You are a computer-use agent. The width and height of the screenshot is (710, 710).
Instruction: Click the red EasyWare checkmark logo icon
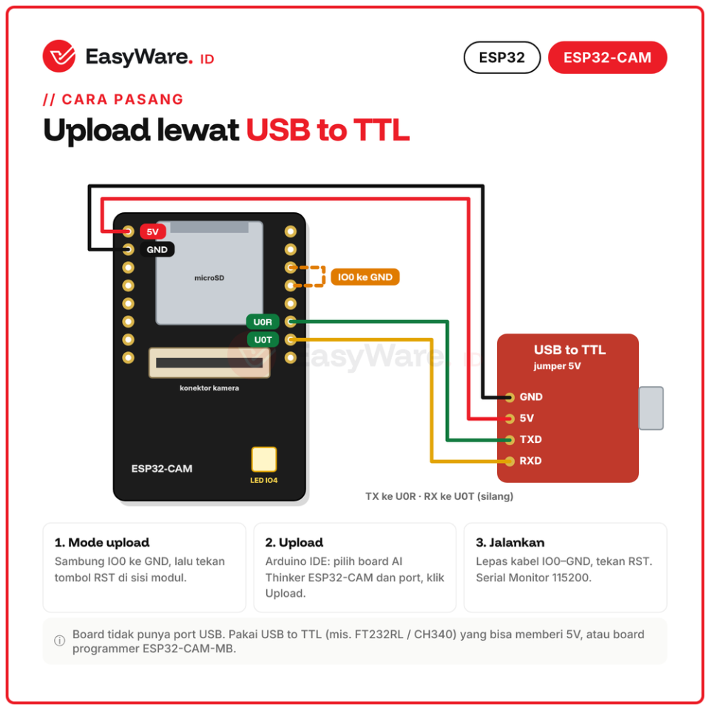click(x=59, y=56)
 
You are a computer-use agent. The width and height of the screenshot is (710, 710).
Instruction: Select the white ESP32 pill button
click(x=501, y=58)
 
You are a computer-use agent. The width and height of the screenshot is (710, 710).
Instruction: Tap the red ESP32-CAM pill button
click(x=607, y=58)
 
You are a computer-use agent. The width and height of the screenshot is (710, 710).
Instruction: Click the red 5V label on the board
click(x=152, y=231)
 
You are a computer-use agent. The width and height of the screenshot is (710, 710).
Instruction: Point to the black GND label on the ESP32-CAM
click(x=157, y=249)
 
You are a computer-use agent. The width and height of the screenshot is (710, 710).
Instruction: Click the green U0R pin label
click(x=263, y=322)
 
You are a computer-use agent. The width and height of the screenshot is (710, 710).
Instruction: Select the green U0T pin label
click(x=263, y=339)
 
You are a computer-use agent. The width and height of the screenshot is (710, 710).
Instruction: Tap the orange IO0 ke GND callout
click(x=365, y=277)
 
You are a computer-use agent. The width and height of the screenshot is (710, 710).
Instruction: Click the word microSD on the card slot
click(x=209, y=278)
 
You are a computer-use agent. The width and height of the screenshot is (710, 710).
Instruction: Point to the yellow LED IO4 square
click(x=264, y=459)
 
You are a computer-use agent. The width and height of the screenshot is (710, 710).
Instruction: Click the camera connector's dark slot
click(x=209, y=362)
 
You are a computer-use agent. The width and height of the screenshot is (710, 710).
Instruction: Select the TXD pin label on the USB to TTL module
click(x=531, y=439)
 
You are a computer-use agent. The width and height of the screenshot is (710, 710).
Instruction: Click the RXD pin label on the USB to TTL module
click(x=531, y=461)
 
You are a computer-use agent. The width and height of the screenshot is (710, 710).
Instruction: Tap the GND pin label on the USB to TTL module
click(x=531, y=396)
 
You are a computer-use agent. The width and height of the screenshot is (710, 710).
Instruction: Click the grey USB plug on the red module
click(x=651, y=408)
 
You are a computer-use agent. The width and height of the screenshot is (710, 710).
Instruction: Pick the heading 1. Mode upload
click(x=102, y=542)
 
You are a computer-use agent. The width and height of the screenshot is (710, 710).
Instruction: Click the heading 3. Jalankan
click(x=510, y=542)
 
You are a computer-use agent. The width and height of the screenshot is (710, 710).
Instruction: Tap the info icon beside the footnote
click(x=59, y=640)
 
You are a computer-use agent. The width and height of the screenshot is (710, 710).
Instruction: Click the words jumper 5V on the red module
click(x=557, y=366)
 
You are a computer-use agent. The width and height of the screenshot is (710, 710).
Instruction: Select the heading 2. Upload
click(x=294, y=542)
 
